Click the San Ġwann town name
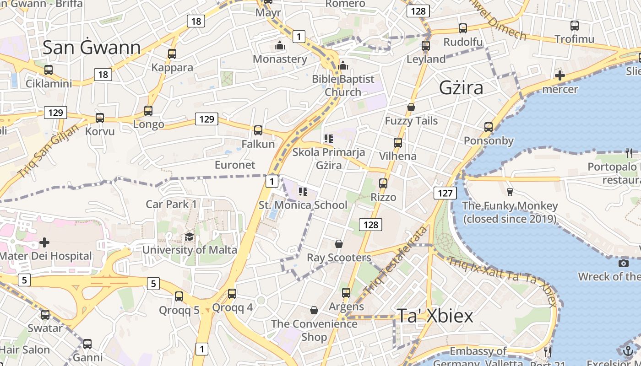tap(92, 48)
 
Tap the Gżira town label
tap(461, 87)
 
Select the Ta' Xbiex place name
tap(435, 316)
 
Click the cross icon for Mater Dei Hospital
tap(44, 242)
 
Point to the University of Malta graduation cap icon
tap(189, 237)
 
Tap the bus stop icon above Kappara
tap(172, 54)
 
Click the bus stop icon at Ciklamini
tap(49, 70)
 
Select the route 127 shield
tap(445, 193)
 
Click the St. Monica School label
tap(303, 205)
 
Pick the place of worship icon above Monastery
tap(279, 45)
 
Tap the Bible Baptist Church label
tap(343, 86)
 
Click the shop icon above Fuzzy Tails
tap(411, 108)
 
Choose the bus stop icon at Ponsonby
tap(489, 127)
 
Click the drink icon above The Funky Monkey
tap(510, 192)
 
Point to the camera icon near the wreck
tap(623, 263)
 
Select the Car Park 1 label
tap(171, 204)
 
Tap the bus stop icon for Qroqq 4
tap(232, 293)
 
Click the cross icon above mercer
tap(560, 75)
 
